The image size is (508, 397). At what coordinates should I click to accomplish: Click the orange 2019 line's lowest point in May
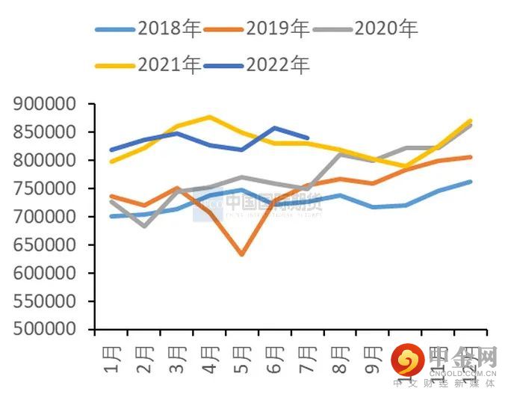[241, 254]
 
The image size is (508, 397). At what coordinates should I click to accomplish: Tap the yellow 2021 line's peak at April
[209, 117]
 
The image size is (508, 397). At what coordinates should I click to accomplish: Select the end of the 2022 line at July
[308, 138]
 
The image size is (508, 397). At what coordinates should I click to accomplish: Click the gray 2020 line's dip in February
[143, 226]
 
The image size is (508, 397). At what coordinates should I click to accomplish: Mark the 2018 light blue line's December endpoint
[471, 181]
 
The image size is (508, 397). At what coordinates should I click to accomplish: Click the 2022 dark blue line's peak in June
[275, 128]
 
